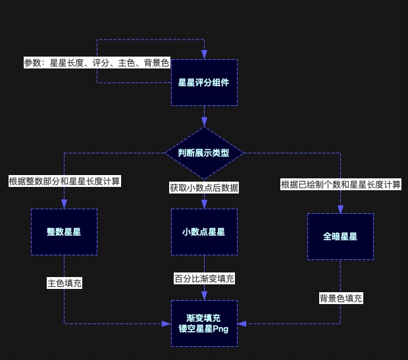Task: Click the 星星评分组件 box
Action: pos(204,82)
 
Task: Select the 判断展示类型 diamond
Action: pos(204,153)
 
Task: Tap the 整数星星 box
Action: pos(64,232)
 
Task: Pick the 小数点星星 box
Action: pos(204,232)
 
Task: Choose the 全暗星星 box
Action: pos(340,236)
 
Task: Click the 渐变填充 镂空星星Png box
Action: pos(204,323)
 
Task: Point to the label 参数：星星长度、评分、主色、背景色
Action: pos(97,63)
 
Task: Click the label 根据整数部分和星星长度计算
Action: pos(64,180)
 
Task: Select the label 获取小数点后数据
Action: pos(204,188)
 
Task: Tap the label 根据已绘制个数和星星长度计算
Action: pos(340,184)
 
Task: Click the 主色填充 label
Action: pos(64,284)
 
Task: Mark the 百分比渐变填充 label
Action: pos(204,278)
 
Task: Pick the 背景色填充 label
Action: pos(340,298)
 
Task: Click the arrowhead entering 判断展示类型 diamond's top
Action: pos(204,122)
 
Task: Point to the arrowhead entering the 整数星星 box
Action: pos(64,205)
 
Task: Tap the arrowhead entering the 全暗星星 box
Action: pos(340,209)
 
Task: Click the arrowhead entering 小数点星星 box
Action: pos(204,205)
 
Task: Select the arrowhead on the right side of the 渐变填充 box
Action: pos(241,323)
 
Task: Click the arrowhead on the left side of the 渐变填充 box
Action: pos(166,323)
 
